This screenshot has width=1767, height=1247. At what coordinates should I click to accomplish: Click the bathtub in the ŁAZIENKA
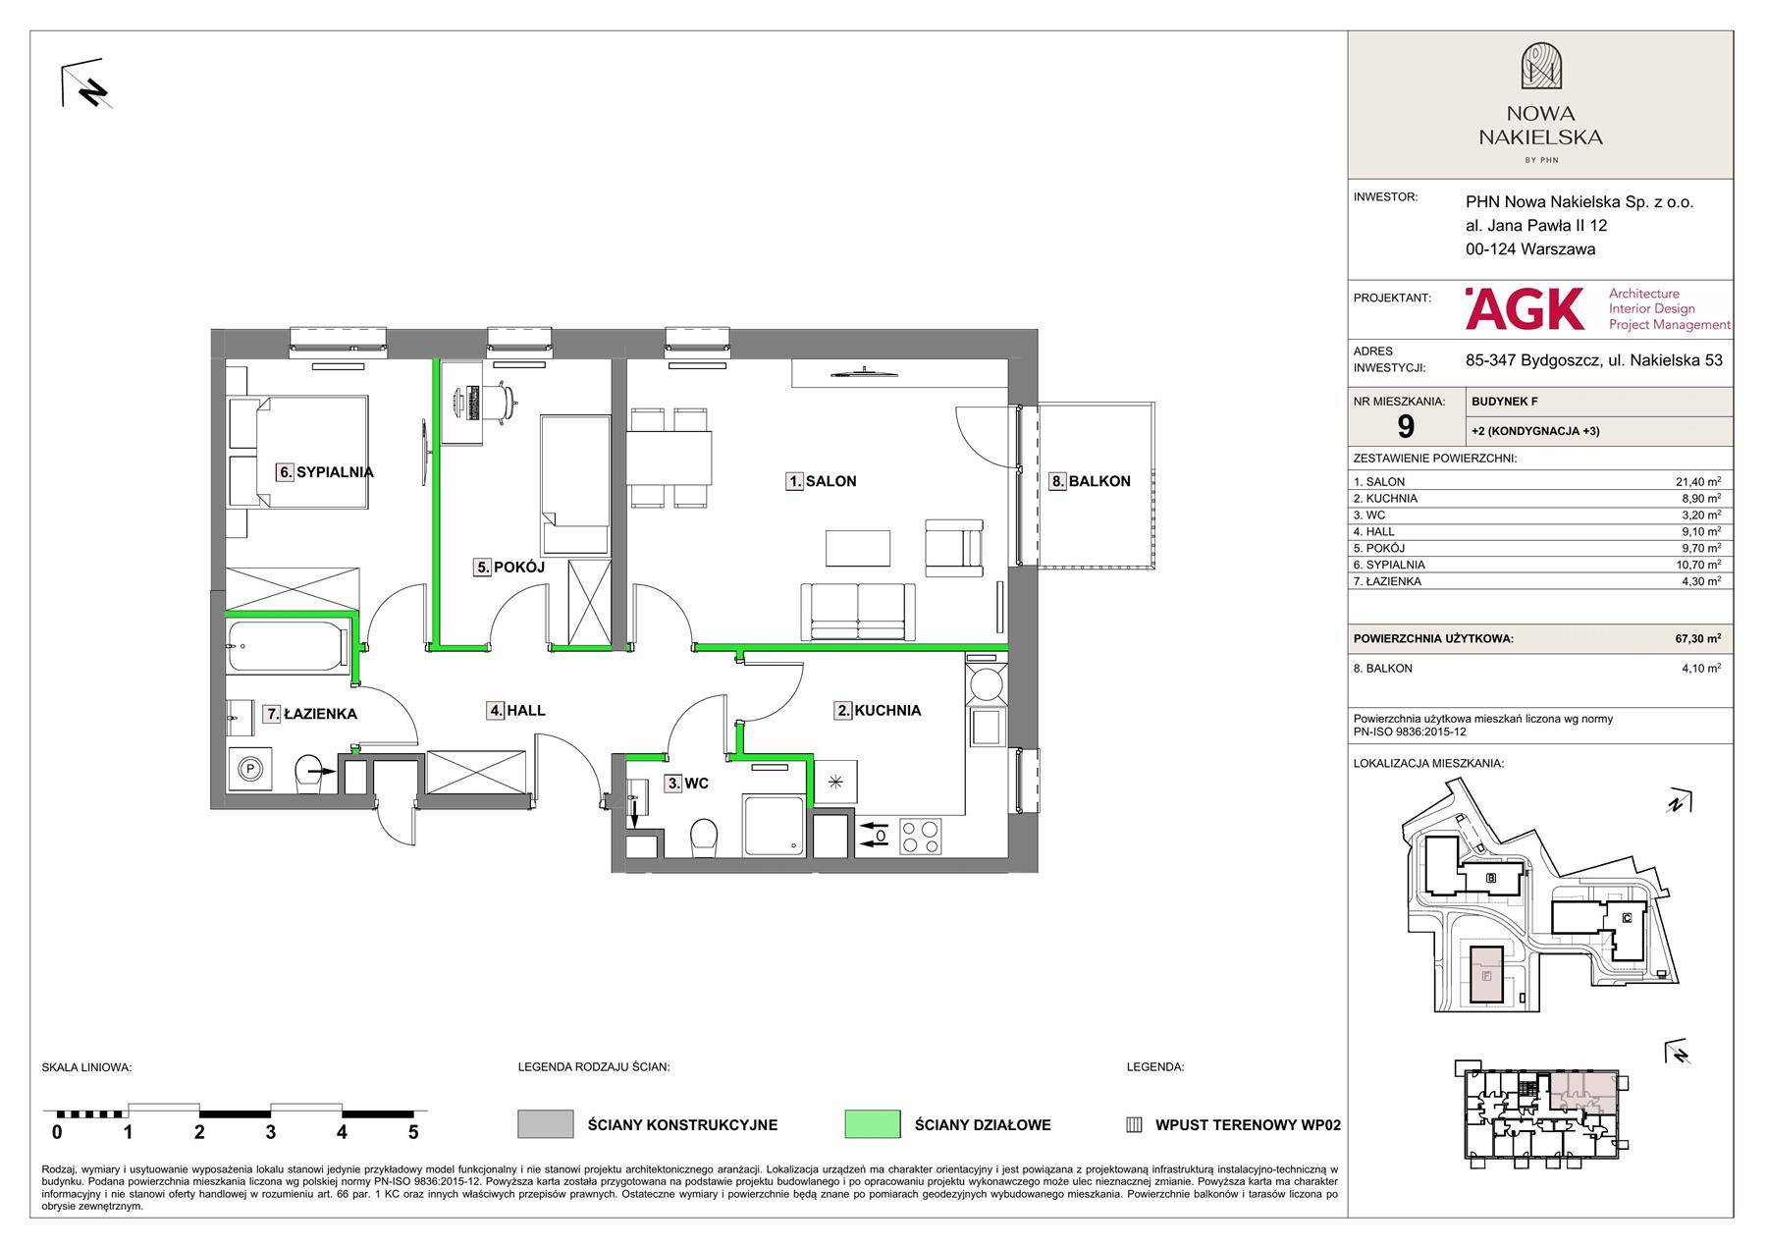[x=288, y=647]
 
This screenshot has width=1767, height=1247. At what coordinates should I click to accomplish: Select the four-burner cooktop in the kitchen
[x=920, y=837]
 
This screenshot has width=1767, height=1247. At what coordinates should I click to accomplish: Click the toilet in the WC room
[x=704, y=839]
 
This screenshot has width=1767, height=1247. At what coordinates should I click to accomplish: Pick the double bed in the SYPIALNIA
[x=298, y=452]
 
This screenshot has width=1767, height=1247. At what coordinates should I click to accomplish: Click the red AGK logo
[x=1525, y=308]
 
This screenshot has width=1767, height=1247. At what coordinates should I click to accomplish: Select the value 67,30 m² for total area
[x=1697, y=638]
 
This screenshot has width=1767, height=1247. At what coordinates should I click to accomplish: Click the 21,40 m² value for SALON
[x=1697, y=482]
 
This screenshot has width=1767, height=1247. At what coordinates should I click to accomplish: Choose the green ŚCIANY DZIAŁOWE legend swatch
[x=872, y=1124]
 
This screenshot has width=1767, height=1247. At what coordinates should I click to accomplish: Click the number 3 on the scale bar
[x=271, y=1132]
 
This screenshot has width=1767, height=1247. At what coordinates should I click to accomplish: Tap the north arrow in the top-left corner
[x=86, y=87]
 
